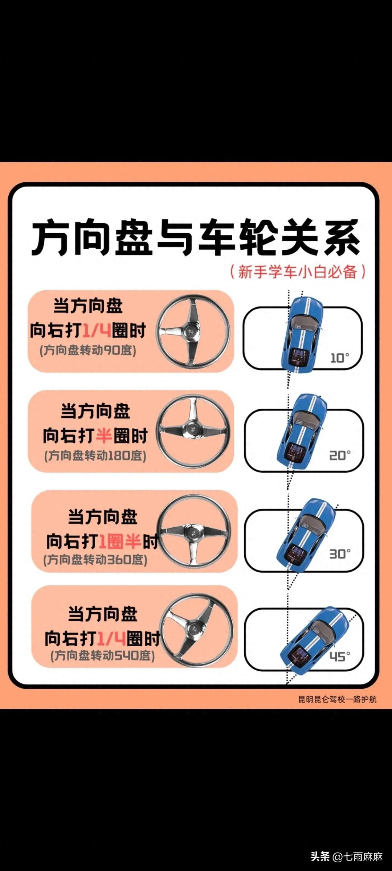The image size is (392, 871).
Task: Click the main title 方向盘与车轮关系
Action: [x=196, y=238]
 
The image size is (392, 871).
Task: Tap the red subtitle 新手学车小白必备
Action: [x=298, y=271]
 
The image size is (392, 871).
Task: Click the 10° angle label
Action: [x=339, y=358]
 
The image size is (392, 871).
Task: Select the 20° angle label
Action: [x=340, y=455]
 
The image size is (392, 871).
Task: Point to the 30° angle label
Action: [x=340, y=554]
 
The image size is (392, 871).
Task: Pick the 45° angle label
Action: [x=340, y=656]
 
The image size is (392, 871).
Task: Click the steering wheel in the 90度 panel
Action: [x=193, y=331]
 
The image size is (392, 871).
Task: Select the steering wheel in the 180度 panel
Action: [x=193, y=431]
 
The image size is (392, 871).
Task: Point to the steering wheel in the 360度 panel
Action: [x=194, y=532]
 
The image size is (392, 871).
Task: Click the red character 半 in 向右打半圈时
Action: [x=104, y=435]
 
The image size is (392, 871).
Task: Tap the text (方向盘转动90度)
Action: [x=88, y=350]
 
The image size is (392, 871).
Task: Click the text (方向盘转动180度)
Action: [x=95, y=455]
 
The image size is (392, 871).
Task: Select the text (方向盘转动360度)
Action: [x=95, y=559]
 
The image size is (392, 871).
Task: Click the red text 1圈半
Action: [x=120, y=541]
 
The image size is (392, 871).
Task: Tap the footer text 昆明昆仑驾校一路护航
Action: [x=338, y=699]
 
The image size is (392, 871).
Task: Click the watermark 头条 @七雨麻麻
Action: [x=347, y=856]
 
